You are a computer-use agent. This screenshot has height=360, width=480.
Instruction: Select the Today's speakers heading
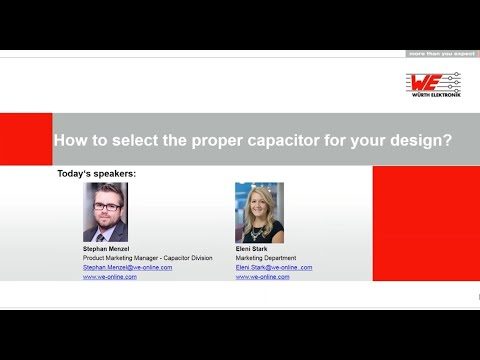click(x=98, y=174)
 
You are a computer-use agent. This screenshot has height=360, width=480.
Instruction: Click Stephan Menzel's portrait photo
click(x=105, y=211)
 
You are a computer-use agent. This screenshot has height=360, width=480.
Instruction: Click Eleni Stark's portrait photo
click(x=259, y=211)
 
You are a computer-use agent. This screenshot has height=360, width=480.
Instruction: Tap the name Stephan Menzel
click(x=107, y=246)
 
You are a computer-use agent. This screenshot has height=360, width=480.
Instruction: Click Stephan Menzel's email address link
click(x=127, y=267)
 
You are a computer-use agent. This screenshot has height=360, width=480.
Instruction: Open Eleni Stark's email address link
click(x=274, y=267)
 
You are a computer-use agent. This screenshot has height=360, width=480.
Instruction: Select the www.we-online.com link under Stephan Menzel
click(x=110, y=277)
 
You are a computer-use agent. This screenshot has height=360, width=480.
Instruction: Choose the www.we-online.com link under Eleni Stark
click(x=263, y=277)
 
